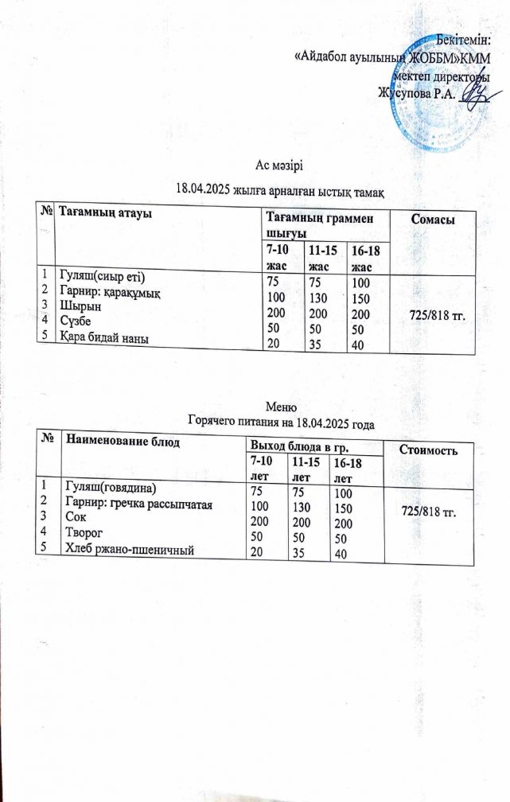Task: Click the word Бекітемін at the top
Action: click(x=466, y=40)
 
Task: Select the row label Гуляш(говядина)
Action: click(x=115, y=488)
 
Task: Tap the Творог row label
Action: click(x=84, y=532)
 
